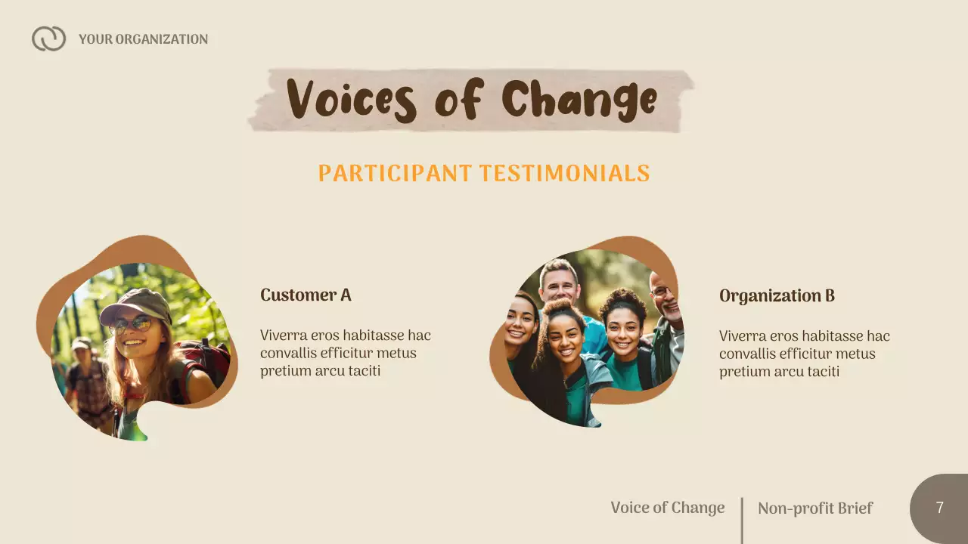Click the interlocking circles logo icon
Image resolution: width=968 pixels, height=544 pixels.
coord(48,39)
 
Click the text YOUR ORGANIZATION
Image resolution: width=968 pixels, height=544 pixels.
coord(143,39)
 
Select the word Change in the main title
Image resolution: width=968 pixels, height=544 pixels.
coord(579,100)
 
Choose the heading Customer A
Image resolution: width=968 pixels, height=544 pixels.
coord(306,295)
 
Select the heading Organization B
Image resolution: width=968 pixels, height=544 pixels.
coord(777,295)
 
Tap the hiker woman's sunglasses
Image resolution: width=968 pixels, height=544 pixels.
coord(132,325)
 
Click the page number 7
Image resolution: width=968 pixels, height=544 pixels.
coord(939,508)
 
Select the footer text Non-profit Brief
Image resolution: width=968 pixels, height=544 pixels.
coord(814,508)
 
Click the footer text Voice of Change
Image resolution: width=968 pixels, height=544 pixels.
coord(667,508)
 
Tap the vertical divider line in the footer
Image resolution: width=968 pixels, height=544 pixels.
coord(742,520)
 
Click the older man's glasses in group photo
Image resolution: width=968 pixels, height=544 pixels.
coord(661,291)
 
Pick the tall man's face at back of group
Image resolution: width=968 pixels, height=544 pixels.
coord(560,285)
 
